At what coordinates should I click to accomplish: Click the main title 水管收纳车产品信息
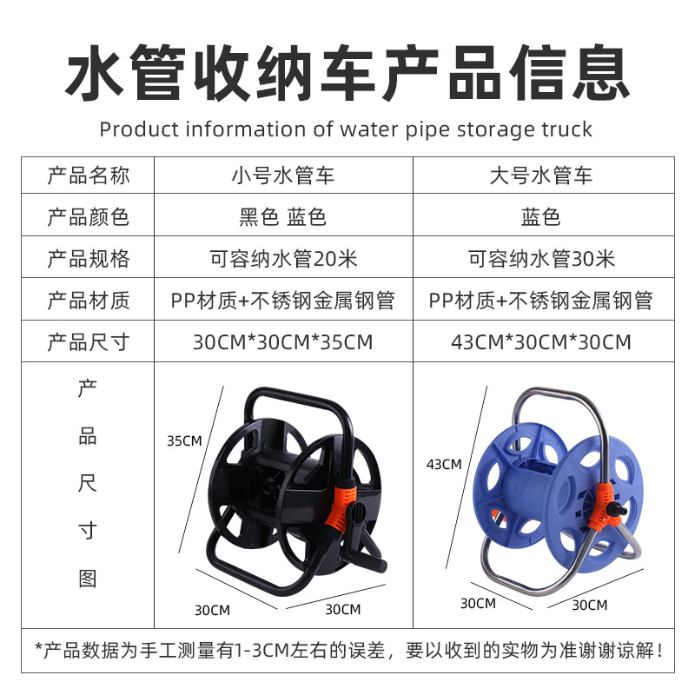point(347,74)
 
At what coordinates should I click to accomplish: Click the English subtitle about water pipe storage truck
point(346,129)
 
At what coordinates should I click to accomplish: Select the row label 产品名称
point(88,176)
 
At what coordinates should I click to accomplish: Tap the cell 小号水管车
point(283,176)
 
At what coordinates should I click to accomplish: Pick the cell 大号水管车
point(542,176)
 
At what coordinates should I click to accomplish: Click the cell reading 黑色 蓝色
point(283,217)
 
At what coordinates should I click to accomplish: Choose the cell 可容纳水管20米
point(283,259)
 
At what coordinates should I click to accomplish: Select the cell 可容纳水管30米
point(542,259)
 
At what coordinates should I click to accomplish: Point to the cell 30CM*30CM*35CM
point(283,341)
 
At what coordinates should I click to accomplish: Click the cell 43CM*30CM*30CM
point(542,341)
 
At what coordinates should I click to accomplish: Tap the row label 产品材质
point(88,301)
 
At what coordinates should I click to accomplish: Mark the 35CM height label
point(184,441)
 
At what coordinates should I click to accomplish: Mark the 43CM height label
point(444,465)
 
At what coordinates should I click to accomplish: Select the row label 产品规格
point(88,259)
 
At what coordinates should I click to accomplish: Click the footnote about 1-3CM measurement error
point(347,649)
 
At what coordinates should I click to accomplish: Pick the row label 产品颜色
point(88,217)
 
